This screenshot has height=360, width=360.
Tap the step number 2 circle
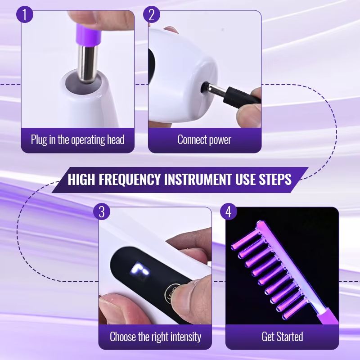pos(152,15)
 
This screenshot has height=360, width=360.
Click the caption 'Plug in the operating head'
pos(77,139)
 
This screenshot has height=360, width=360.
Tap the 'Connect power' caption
pos(204,139)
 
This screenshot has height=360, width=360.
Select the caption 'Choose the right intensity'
pos(155,336)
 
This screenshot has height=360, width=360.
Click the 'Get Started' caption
pos(282,336)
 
